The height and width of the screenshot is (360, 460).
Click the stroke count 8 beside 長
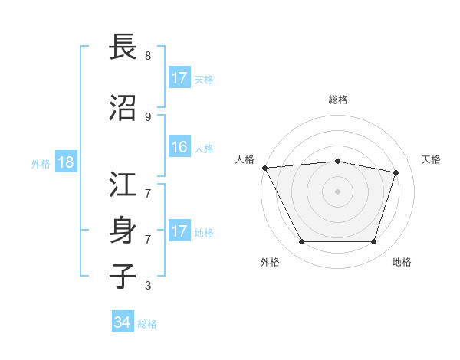click(148, 56)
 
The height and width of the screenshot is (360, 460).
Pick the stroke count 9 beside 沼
click(148, 116)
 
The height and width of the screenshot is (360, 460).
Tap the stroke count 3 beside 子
click(148, 286)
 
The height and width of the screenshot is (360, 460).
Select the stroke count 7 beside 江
click(148, 185)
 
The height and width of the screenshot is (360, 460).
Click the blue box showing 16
click(179, 147)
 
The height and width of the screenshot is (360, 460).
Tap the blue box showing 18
click(65, 162)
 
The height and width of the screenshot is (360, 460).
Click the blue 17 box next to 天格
click(179, 77)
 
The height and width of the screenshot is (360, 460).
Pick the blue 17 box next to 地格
click(179, 231)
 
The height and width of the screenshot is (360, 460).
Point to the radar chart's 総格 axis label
click(338, 100)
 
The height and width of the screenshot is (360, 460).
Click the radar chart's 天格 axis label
click(432, 159)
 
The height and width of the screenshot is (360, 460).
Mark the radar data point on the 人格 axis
click(264, 168)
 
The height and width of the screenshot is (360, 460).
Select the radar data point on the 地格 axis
click(374, 242)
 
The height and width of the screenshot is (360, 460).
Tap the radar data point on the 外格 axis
click(301, 242)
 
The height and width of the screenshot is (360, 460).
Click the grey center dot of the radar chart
click(337, 191)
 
